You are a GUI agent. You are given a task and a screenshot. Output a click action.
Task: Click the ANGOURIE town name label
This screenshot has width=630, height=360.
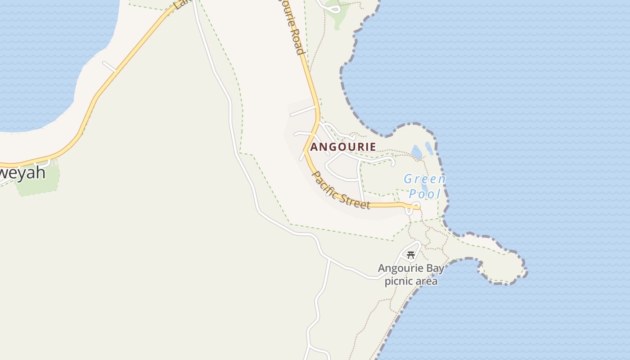[x=343, y=147]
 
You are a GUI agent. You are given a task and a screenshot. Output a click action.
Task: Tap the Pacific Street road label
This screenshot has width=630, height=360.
[x=341, y=190]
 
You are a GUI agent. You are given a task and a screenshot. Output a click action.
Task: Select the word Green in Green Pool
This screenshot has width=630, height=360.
[x=424, y=179]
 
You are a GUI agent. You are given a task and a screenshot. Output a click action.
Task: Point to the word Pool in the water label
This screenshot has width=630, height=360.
[x=424, y=194]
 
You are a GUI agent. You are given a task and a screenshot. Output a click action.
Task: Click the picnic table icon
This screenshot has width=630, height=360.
[x=410, y=255]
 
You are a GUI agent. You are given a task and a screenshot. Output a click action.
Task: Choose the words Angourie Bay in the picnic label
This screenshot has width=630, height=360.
[x=411, y=269]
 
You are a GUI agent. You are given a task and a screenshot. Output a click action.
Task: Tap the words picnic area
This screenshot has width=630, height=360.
[x=411, y=282]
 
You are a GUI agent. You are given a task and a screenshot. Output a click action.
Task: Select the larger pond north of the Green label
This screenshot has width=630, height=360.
[x=417, y=153]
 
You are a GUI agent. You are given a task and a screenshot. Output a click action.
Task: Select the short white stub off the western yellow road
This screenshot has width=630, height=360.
[x=109, y=67]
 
